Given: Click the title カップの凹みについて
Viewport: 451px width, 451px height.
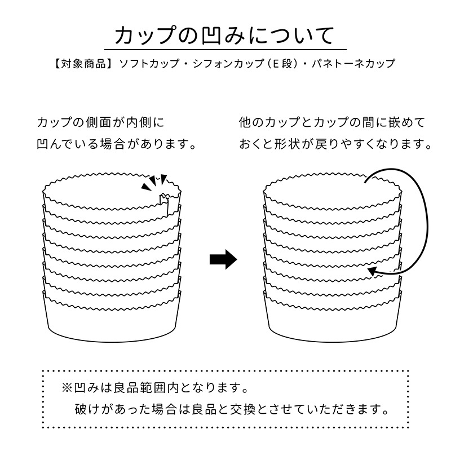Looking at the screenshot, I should click(225, 36).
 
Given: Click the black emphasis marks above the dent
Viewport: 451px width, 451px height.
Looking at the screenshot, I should click(154, 182).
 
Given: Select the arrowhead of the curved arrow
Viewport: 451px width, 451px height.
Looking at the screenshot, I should click(373, 272).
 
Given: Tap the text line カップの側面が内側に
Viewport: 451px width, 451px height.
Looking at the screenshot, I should click(100, 122).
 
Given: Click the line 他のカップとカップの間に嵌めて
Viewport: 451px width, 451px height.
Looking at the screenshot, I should click(331, 122).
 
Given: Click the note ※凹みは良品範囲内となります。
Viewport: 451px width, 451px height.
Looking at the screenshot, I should click(155, 388).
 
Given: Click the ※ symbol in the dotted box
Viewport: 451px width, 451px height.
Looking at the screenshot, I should click(67, 388).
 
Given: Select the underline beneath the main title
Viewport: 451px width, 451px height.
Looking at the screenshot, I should click(225, 50).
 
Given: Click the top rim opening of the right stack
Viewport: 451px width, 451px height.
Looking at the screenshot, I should click(333, 189).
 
